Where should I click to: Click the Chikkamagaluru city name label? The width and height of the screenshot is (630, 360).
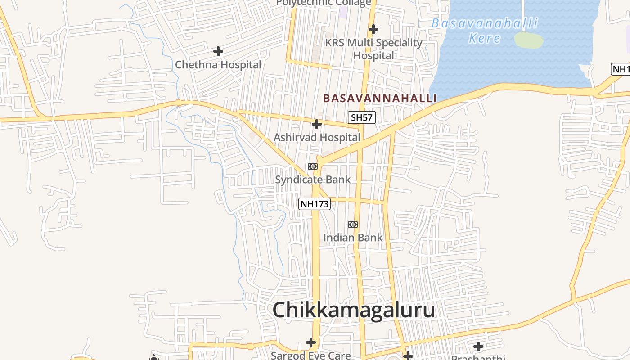click(x=354, y=310)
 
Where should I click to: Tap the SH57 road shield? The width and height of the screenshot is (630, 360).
click(x=362, y=118)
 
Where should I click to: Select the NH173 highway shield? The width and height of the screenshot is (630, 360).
click(x=315, y=204)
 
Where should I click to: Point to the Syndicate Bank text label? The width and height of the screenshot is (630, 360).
click(x=313, y=180)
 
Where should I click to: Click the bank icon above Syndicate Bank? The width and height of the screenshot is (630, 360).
click(x=313, y=166)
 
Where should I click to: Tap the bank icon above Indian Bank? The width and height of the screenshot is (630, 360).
click(x=353, y=225)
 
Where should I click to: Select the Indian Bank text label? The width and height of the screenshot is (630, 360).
click(x=353, y=238)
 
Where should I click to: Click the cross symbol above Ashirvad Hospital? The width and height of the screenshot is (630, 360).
click(x=317, y=124)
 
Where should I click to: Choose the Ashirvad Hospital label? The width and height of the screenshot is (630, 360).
click(x=317, y=137)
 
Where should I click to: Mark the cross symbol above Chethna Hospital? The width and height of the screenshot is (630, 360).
click(x=218, y=51)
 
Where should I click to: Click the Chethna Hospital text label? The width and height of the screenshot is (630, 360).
click(x=218, y=64)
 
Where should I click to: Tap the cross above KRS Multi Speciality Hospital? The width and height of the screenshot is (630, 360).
click(x=373, y=30)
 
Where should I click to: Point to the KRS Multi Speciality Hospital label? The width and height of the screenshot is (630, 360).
click(x=373, y=49)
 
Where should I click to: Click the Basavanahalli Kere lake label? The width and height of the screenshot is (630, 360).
click(x=485, y=31)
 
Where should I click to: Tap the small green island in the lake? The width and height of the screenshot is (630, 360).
click(x=529, y=40)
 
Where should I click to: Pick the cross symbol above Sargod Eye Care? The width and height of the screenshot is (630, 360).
click(x=311, y=342)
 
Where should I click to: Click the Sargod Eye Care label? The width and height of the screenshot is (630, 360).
click(x=310, y=355)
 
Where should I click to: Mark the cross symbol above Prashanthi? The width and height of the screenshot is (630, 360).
click(x=478, y=346)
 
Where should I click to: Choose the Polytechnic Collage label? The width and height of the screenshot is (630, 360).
click(x=324, y=3)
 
